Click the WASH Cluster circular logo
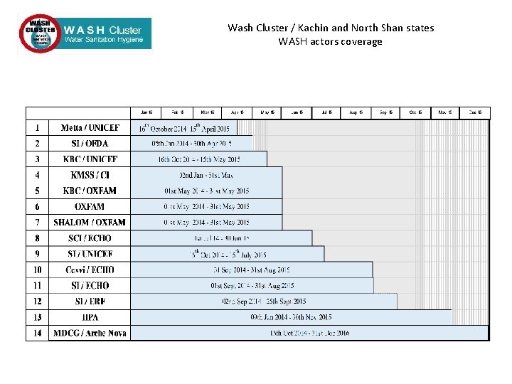click(41, 33)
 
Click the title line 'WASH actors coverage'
click(330, 41)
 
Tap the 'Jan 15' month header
click(146, 112)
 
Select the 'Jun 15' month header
click(297, 112)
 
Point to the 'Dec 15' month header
click(475, 112)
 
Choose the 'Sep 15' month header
click(386, 112)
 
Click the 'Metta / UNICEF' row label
click(90, 128)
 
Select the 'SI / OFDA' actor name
click(90, 144)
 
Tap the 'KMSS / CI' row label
click(90, 175)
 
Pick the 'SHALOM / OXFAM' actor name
click(90, 223)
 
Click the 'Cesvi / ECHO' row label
click(90, 270)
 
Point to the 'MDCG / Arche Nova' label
click(90, 333)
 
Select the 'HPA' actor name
click(90, 317)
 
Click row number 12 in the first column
click(37, 302)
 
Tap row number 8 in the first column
click(37, 238)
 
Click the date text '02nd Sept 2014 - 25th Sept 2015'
click(264, 302)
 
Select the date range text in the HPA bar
click(291, 317)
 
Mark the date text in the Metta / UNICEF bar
click(184, 128)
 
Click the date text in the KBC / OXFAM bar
click(206, 191)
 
